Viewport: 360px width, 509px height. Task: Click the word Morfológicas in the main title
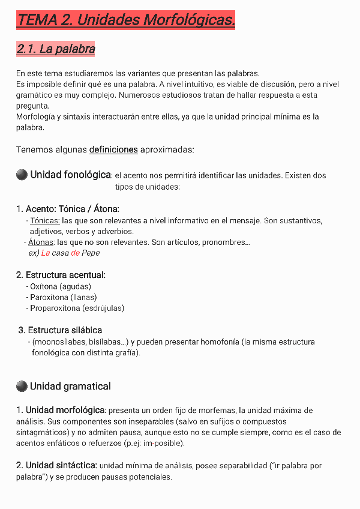point(189,20)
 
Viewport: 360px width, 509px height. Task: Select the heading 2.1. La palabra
point(56,49)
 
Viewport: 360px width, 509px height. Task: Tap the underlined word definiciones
point(113,149)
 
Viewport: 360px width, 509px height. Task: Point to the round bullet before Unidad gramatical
point(22,386)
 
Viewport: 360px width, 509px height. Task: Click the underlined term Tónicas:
point(44,221)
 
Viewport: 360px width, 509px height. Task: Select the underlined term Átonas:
point(41,242)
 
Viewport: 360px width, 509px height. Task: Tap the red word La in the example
point(46,253)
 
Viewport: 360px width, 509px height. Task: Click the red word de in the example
point(75,253)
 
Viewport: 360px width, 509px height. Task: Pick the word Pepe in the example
point(91,253)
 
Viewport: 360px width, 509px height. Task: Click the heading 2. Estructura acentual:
point(61,275)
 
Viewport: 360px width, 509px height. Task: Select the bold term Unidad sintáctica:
point(56,465)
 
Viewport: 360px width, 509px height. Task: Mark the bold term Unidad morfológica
point(65,411)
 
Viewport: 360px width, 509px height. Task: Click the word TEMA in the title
point(37,20)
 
